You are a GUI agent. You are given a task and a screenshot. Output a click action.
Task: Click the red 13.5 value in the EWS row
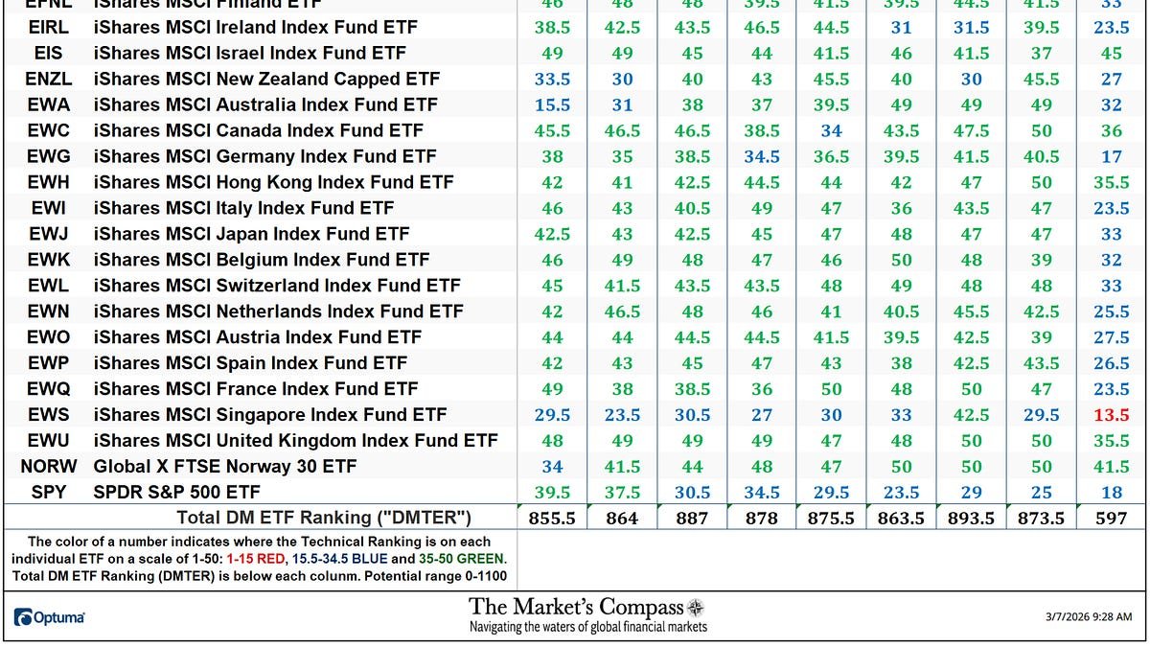pos(1112,415)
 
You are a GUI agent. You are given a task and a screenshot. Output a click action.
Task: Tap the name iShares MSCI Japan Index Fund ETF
pos(251,234)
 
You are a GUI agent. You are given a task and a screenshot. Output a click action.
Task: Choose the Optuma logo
pos(50,618)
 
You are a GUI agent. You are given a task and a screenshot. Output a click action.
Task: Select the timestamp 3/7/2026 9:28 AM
pos(1090,617)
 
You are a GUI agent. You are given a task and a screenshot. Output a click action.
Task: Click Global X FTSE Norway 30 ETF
pos(225,467)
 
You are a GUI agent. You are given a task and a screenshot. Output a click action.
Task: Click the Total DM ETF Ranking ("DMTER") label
pos(324,518)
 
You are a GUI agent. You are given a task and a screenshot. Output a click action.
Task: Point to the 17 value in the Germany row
pos(1112,156)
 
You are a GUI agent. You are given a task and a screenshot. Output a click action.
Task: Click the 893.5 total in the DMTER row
pos(971,518)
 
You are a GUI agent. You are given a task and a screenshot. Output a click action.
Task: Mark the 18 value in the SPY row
pos(1112,493)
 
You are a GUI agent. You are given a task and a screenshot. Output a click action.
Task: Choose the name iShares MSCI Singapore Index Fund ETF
pos(270,415)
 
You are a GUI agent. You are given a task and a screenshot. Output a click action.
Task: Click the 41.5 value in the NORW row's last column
pos(1112,467)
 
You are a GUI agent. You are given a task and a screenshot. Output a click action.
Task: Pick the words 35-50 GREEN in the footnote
pos(462,558)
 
